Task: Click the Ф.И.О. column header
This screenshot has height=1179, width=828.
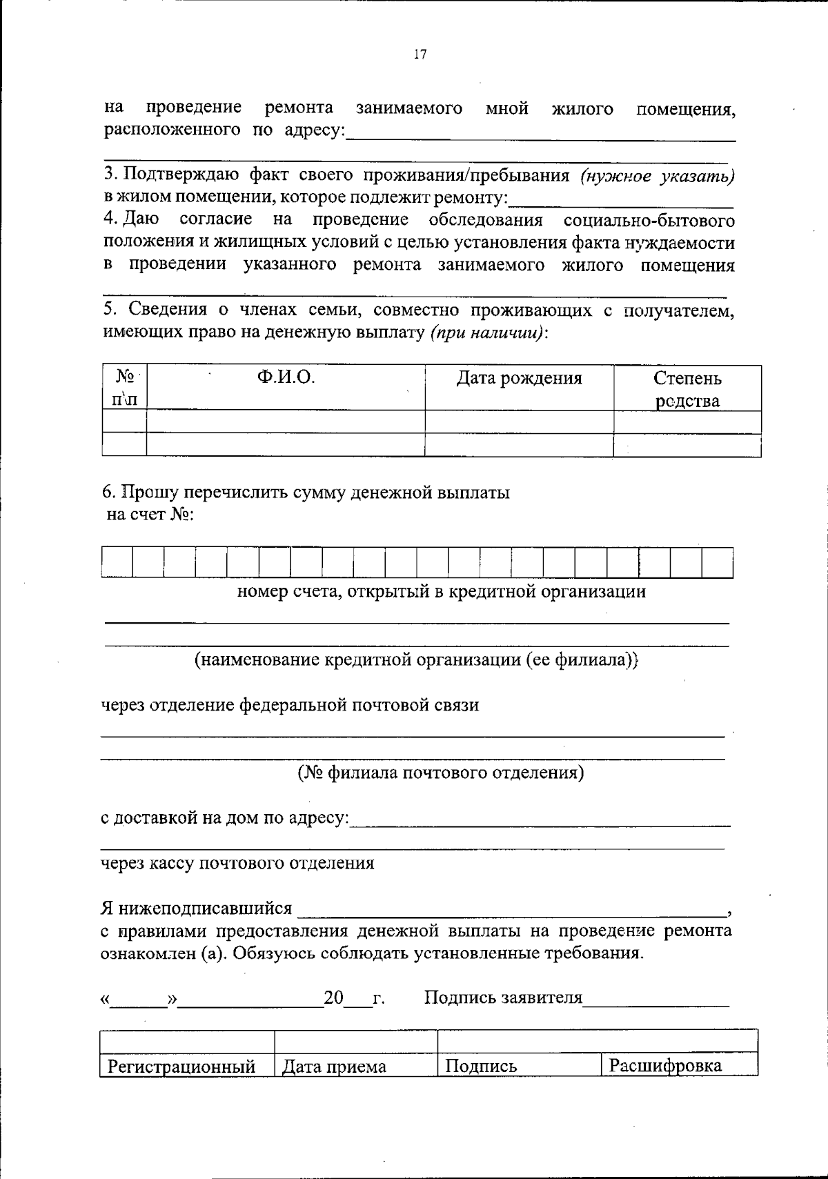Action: coord(286,378)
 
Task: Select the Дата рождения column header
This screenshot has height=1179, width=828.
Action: coord(519,378)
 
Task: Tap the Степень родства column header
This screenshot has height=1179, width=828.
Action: coord(687,389)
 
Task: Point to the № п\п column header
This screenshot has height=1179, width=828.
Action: coord(124,388)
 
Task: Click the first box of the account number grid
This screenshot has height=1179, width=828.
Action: coord(117,562)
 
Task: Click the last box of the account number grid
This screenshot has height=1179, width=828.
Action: coord(718,562)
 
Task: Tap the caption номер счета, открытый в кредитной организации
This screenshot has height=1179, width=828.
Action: coord(442,592)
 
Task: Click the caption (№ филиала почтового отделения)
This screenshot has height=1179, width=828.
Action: coord(441,773)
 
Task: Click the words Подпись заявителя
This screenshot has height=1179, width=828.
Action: coord(503,998)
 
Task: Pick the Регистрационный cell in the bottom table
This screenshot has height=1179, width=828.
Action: coord(181,1067)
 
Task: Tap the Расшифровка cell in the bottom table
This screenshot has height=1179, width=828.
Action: coord(665,1066)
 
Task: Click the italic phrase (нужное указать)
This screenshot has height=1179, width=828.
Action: coord(657,177)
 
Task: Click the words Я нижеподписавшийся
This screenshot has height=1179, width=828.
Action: coord(197,909)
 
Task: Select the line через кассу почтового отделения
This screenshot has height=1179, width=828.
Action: coord(238,863)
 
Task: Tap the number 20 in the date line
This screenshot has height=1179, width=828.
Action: coord(334,998)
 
